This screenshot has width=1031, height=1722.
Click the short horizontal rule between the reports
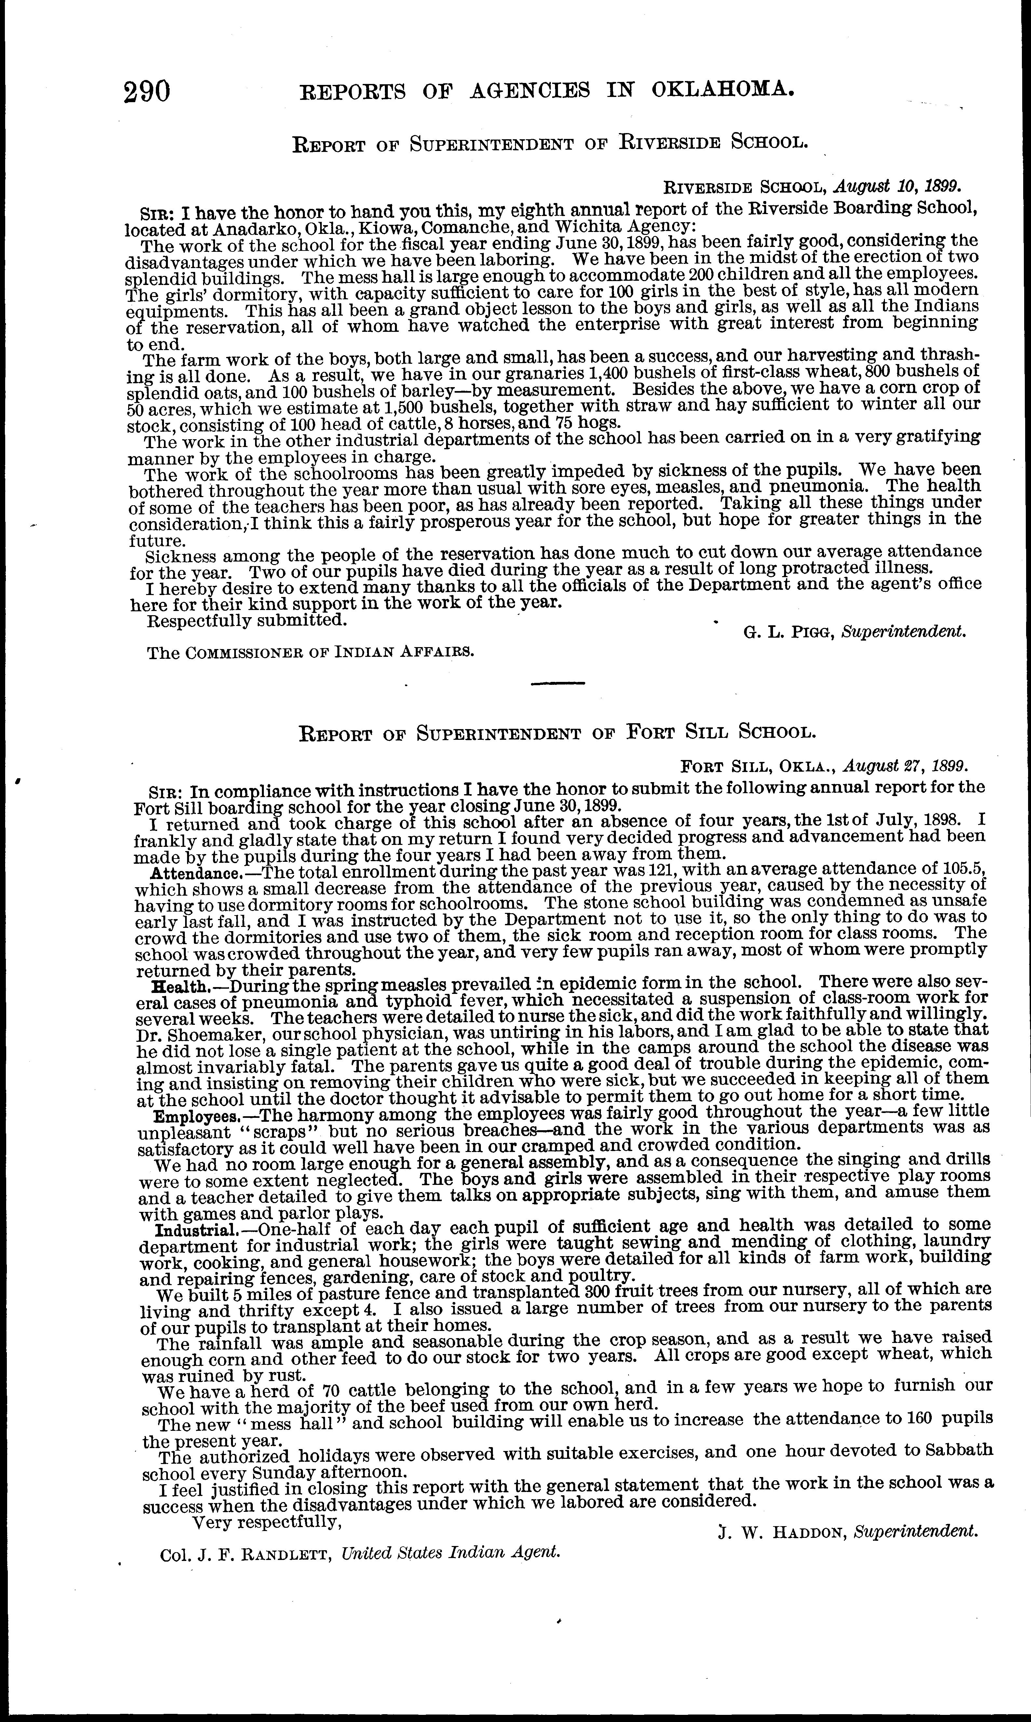[x=558, y=684]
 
